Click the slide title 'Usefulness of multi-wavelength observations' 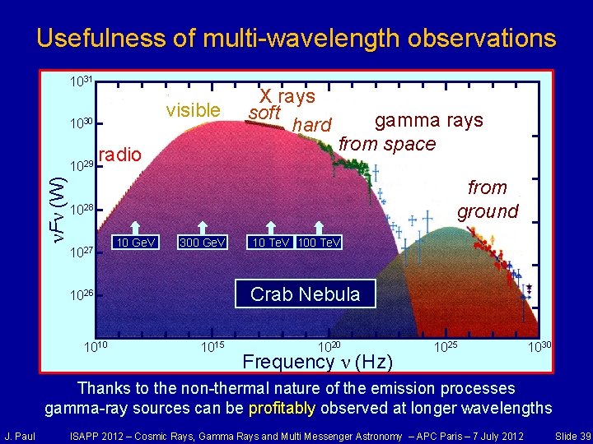(296, 38)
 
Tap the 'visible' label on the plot (193, 110)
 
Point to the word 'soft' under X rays (265, 113)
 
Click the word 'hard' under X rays (312, 126)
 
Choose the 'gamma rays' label (428, 121)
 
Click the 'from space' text (387, 144)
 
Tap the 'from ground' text (488, 200)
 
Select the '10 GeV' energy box (133, 243)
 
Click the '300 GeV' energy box (203, 243)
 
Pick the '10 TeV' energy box (269, 243)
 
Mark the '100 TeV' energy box (320, 243)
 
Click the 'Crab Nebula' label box (305, 294)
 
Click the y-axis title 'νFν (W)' (55, 201)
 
